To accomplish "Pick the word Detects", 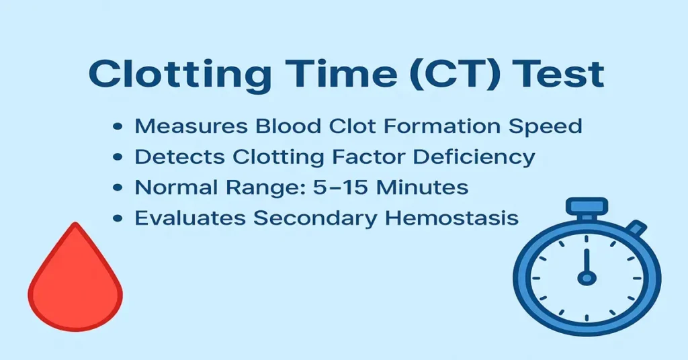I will point(179,156).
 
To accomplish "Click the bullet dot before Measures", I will point(119,126).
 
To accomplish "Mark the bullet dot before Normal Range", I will point(119,188).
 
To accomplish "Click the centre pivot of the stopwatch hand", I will point(587,277).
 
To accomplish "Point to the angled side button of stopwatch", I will point(636,229).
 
